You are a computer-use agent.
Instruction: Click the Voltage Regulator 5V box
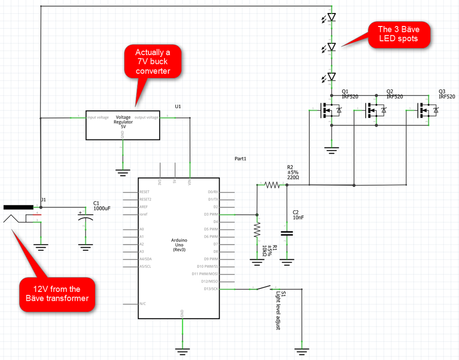click(123, 125)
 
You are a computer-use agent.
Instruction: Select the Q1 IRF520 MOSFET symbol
click(330, 110)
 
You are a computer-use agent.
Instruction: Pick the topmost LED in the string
click(331, 17)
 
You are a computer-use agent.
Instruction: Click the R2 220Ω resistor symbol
click(272, 184)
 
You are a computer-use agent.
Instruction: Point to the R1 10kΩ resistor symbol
click(257, 231)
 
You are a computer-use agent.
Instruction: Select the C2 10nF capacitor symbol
click(287, 233)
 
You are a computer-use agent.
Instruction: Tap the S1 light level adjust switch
click(266, 288)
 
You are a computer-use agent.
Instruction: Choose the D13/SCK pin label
click(209, 289)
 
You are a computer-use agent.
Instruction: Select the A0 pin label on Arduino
click(142, 229)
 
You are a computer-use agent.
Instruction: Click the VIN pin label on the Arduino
click(190, 182)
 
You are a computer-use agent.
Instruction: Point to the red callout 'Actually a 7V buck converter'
click(152, 62)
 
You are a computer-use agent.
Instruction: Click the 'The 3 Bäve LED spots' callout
click(398, 34)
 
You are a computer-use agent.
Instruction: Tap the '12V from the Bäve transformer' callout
click(56, 294)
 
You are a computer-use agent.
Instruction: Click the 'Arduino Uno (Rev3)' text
click(178, 245)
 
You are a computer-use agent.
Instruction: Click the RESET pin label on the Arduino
click(144, 192)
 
